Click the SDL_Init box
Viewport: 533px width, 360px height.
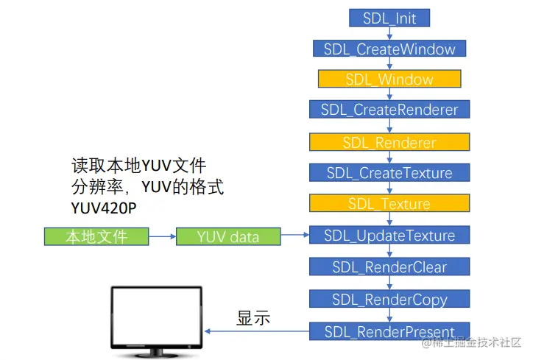(x=389, y=18)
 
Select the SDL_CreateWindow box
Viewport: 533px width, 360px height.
(x=389, y=49)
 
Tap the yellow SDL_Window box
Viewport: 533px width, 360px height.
(x=389, y=80)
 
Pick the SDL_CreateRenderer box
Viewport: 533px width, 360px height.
(x=389, y=110)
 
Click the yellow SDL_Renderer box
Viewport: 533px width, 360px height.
(x=389, y=142)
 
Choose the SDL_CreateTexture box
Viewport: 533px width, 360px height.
(x=389, y=174)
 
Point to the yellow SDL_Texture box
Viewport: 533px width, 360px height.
(x=389, y=204)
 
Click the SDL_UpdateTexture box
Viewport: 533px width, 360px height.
(x=389, y=236)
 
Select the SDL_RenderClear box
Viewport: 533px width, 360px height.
(x=389, y=267)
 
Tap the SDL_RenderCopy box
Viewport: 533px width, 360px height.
(x=389, y=299)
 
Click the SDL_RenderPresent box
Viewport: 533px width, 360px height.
(x=389, y=331)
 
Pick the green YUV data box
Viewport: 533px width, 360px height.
(x=228, y=236)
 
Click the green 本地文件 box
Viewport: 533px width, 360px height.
(x=96, y=236)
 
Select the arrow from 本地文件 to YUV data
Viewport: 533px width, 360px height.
(x=162, y=236)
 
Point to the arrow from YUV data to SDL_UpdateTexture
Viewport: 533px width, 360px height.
(x=294, y=236)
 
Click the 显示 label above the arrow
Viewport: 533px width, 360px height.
(x=253, y=318)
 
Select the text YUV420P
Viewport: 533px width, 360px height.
(x=104, y=208)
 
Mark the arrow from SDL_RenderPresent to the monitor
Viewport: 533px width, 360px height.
(x=258, y=331)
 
